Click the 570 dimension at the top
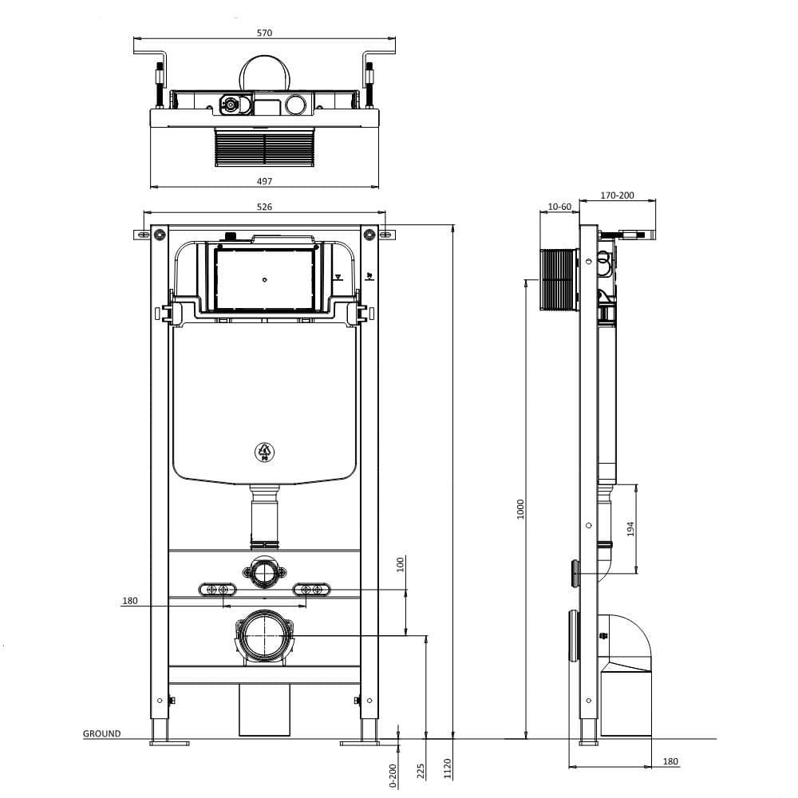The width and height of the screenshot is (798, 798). (x=265, y=33)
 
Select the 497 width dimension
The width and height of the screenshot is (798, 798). (x=265, y=181)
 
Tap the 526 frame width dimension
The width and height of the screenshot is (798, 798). (x=265, y=207)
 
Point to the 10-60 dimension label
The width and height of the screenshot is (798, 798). (x=560, y=207)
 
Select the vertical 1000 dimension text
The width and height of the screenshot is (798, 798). (x=520, y=511)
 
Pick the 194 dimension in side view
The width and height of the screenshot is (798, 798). (x=630, y=528)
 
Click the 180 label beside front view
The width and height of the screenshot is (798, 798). (x=131, y=601)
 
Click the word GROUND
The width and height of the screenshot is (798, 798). (x=102, y=733)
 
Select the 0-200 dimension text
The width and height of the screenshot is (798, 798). (x=393, y=776)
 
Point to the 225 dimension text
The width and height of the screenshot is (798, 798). (x=421, y=770)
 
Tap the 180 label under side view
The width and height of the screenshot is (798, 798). (x=670, y=762)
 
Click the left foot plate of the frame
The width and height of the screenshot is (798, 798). (x=169, y=743)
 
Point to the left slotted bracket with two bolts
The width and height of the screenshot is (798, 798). (x=218, y=589)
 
